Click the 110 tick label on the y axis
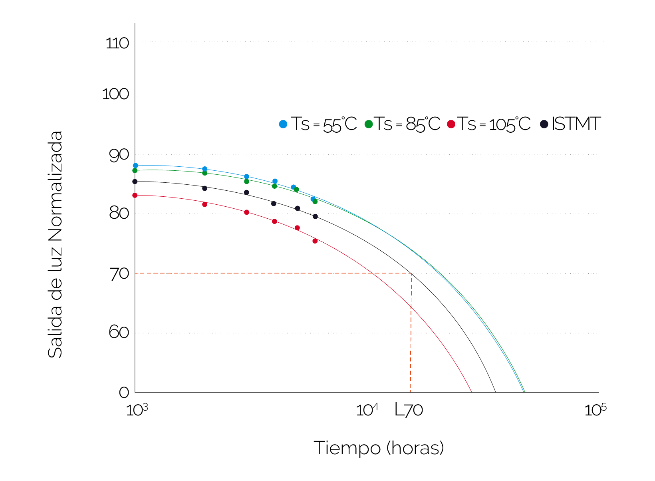coord(117,43)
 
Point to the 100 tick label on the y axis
coord(116,94)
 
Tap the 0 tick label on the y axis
coord(124,392)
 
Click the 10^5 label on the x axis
coord(595,410)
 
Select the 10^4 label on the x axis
coord(367,410)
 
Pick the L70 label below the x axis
coord(409,410)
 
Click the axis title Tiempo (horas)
coord(379,448)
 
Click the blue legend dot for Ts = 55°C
coord(283,124)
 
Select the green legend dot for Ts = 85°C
coord(369,124)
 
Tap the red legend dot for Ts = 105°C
coord(451,124)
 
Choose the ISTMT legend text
coord(576,124)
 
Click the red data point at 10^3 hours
coord(135,196)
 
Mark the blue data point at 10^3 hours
coord(135,166)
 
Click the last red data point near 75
coord(315,241)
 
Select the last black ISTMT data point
coord(315,217)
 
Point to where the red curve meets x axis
coord(472,392)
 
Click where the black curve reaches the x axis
coord(496,392)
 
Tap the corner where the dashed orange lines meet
coord(411,273)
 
